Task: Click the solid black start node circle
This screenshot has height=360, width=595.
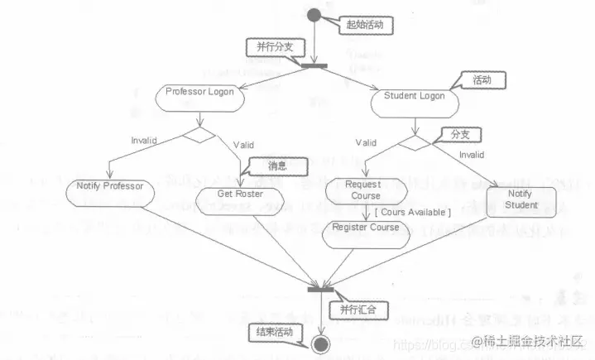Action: [x=314, y=15]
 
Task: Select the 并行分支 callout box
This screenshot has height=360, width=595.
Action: [x=271, y=48]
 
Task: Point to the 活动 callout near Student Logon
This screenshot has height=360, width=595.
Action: [x=481, y=81]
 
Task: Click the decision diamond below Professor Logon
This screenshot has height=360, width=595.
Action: [x=199, y=134]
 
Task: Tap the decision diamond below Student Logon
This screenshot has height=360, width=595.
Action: [x=414, y=142]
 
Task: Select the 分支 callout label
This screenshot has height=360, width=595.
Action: [x=459, y=133]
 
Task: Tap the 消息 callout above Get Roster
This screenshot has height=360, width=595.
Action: [x=277, y=166]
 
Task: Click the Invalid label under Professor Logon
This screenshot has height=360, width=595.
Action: [x=145, y=140]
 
